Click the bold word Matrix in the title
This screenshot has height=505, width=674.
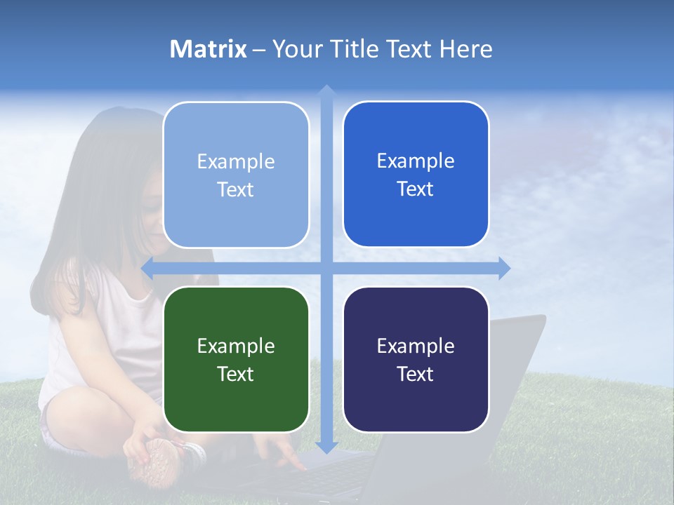point(208,49)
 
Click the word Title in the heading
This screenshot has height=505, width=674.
point(355,49)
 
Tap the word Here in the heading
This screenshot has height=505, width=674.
point(465,49)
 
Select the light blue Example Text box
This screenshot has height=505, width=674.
point(236,175)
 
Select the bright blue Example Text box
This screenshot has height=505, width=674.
point(416,174)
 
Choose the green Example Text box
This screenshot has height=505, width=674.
point(236,359)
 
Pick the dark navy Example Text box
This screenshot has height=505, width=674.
point(416,359)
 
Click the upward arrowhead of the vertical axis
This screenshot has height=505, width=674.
point(326,90)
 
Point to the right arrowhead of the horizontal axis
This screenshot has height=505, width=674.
point(504,268)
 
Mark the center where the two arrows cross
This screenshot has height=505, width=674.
point(326,268)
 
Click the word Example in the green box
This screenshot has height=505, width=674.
point(236,346)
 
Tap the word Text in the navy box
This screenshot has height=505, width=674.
point(416,374)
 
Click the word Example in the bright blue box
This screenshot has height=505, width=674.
point(416,161)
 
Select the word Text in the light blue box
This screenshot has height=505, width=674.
point(236,189)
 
